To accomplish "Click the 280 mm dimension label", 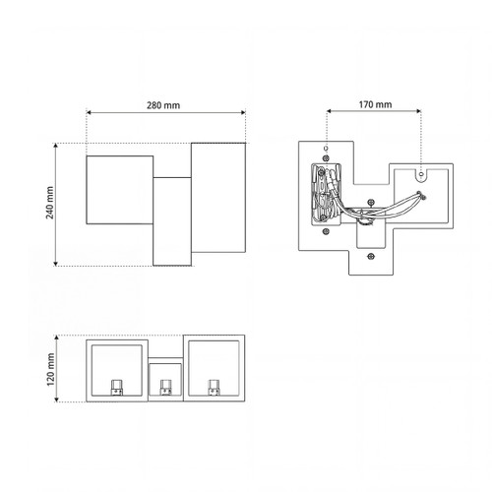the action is [163, 105].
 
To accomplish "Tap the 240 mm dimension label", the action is [49, 203].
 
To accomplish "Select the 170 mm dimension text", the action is [375, 104].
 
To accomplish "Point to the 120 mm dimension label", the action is [50, 369].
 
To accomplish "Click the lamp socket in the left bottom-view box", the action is [117, 388].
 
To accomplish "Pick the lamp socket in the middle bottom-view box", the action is [165, 388].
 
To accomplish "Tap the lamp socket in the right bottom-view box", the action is [214, 388].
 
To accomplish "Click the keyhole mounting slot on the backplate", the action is [421, 175].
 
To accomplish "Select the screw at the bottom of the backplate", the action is [371, 256].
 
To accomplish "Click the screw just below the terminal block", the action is [326, 231].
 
